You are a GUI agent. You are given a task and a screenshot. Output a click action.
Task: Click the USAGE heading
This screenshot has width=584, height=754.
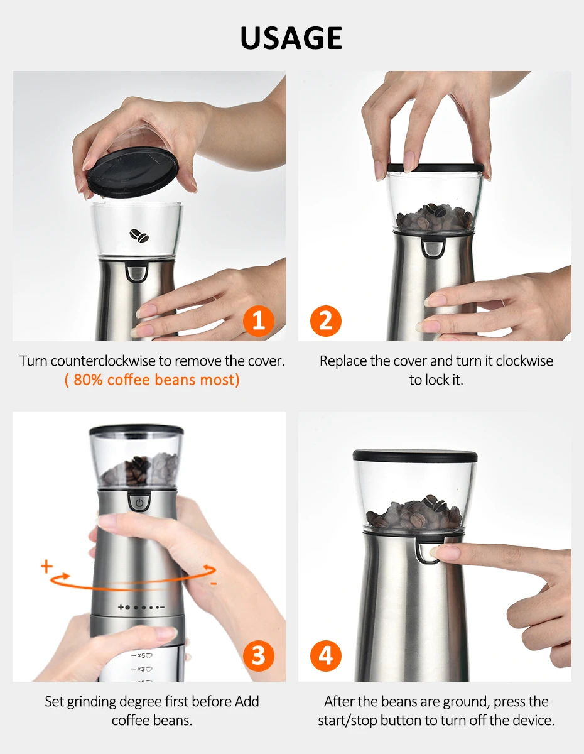click(x=291, y=38)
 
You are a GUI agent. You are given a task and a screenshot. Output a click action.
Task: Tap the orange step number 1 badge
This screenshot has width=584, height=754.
click(x=258, y=320)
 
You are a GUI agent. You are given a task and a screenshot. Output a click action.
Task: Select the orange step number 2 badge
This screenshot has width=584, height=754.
click(x=326, y=320)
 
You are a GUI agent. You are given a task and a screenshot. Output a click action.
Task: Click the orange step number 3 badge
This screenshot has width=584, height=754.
click(x=258, y=655)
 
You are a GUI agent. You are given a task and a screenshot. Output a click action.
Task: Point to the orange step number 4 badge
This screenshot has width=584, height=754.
click(x=326, y=655)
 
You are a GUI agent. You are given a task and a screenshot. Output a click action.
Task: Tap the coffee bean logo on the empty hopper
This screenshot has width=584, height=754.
click(x=139, y=236)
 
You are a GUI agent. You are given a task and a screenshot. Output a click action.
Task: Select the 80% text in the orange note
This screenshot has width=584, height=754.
click(x=88, y=380)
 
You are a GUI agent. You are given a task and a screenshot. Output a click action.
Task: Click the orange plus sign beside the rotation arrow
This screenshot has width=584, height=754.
click(x=46, y=567)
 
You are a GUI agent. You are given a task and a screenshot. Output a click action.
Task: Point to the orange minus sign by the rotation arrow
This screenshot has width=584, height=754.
click(x=214, y=584)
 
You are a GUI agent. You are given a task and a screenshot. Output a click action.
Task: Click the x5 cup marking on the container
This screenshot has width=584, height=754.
click(x=141, y=655)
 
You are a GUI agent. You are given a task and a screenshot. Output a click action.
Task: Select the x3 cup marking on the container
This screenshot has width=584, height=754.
click(x=141, y=669)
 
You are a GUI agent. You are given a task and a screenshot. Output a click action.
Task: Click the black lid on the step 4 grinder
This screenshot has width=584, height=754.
click(x=415, y=456)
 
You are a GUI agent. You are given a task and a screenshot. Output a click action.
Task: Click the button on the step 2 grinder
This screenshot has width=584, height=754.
click(x=433, y=248)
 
